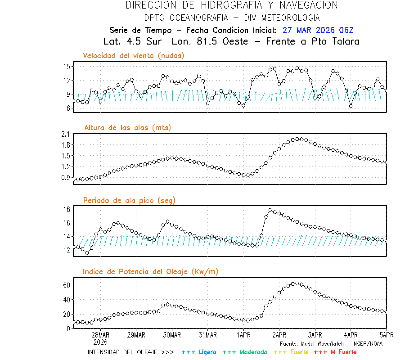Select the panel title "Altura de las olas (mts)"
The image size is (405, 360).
127,128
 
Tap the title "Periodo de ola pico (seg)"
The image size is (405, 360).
129,200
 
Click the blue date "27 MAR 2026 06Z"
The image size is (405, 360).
318,31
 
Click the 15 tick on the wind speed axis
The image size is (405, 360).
66,67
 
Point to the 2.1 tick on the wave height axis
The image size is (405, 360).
65,134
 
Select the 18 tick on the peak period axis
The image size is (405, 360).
66,209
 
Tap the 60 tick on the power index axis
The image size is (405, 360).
66,285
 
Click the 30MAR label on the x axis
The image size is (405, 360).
172,335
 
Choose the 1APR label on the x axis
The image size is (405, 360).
243,335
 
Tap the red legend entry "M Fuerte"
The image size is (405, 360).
335,352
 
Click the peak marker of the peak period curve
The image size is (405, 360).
270,210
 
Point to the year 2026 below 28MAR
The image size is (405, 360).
100,342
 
